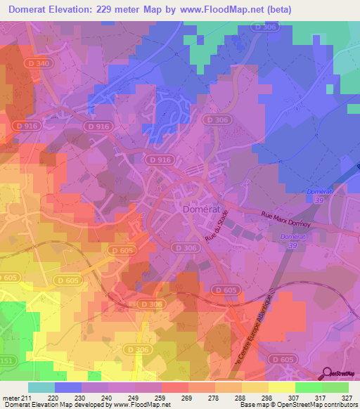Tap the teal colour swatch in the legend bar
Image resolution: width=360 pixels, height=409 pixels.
tap(41, 387)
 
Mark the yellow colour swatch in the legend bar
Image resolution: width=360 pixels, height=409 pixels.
tap(281, 387)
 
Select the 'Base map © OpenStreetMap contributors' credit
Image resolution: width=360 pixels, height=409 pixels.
tap(298, 405)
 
